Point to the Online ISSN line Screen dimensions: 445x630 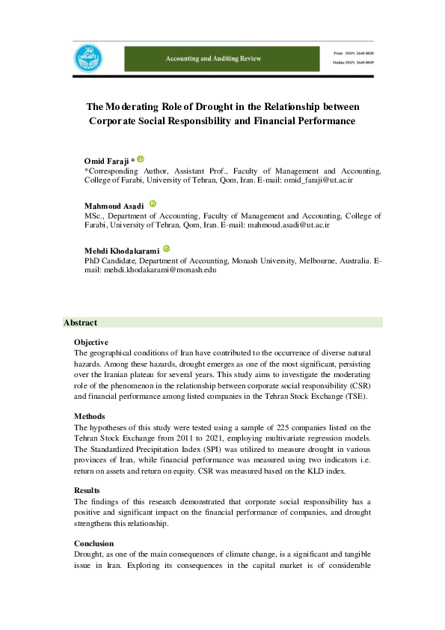pyautogui.click(x=353, y=63)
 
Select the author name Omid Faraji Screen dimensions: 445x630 pyautogui.click(x=107, y=162)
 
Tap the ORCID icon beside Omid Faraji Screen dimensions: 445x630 pyautogui.click(x=140, y=159)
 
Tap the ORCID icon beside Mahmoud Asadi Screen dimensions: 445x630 pyautogui.click(x=153, y=204)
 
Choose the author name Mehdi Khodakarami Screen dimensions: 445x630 pyautogui.click(x=121, y=251)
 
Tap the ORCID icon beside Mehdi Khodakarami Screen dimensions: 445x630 pyautogui.click(x=167, y=249)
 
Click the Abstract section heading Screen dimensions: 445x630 pyautogui.click(x=80, y=322)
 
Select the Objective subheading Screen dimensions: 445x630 pyautogui.click(x=91, y=342)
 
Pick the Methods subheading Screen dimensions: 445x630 pyautogui.click(x=88, y=415)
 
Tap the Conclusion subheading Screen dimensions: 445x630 pyautogui.click(x=93, y=542)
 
